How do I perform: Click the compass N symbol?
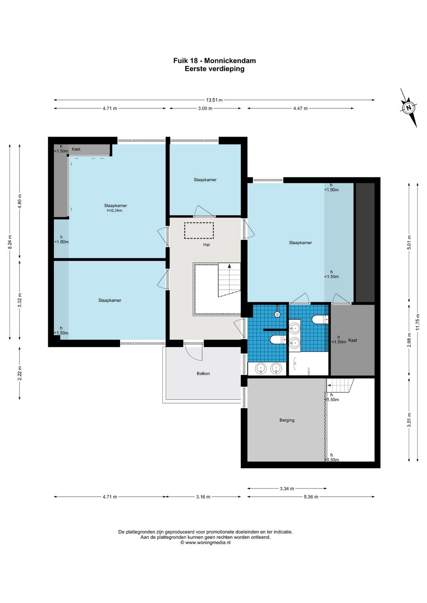[409, 107]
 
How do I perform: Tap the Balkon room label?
[203, 373]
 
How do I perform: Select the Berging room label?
[287, 420]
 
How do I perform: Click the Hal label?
[206, 245]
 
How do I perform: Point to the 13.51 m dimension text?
[214, 100]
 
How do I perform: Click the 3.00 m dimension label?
[205, 109]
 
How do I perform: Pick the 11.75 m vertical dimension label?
[418, 322]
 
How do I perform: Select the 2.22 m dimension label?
[20, 373]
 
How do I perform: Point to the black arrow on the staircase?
[229, 266]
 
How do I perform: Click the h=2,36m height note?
[115, 211]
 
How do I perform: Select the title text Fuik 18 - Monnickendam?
[214, 60]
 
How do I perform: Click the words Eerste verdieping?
[214, 69]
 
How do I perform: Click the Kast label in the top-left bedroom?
[76, 149]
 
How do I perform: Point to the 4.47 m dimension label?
[300, 109]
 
